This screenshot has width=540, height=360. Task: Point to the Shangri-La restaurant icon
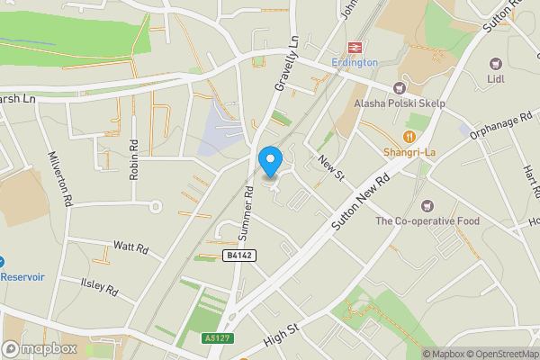point(409,136)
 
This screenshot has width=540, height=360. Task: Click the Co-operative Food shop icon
point(427,206)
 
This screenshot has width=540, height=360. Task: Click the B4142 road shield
point(237,256)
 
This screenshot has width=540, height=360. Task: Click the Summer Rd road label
point(245,212)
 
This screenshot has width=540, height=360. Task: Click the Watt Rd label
point(130,246)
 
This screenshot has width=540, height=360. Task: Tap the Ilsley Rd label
point(100,287)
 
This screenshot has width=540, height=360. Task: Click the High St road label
point(281,338)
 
